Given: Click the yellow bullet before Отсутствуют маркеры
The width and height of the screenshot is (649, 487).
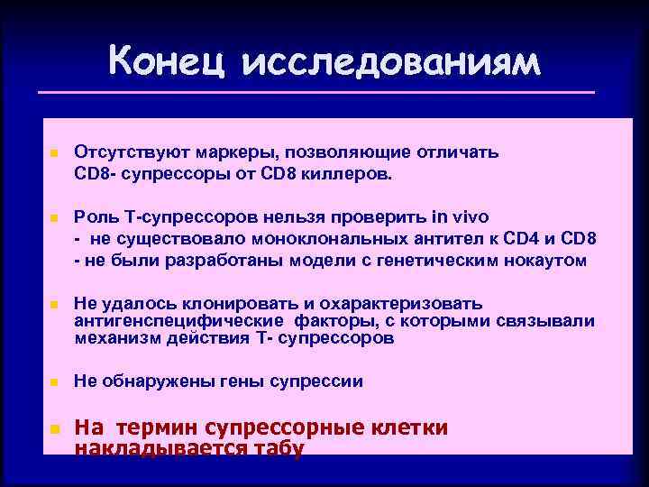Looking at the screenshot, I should click(x=53, y=154).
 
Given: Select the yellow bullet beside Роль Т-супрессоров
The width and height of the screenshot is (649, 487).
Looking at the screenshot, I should click(x=53, y=219).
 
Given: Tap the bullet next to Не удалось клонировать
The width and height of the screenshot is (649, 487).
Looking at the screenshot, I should click(x=53, y=306).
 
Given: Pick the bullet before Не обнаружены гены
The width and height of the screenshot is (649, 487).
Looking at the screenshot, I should click(x=53, y=382).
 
